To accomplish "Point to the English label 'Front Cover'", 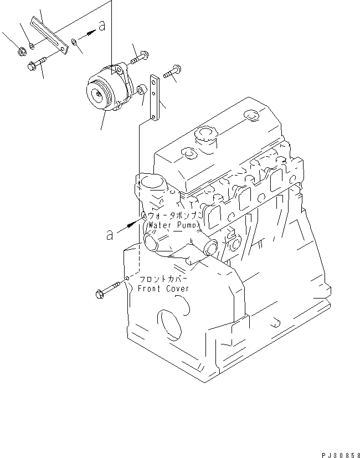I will point(164,289).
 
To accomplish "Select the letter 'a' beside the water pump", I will point(111,235).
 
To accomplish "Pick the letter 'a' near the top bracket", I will point(101,25).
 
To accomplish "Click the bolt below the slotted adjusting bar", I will point(37,64).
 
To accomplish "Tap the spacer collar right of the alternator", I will point(141,89).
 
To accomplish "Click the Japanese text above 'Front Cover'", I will point(164,279).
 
